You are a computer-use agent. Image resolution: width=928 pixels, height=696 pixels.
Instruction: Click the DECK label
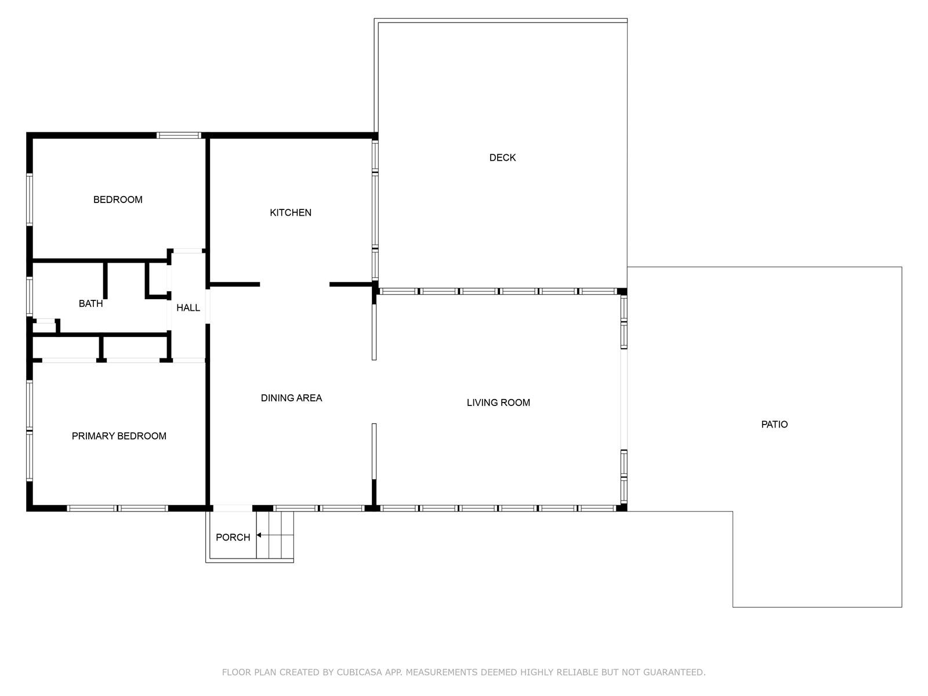[x=502, y=158]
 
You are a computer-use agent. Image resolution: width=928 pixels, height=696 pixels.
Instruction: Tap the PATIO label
[x=774, y=425]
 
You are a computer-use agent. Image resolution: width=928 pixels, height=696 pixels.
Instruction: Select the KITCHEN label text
[x=291, y=212]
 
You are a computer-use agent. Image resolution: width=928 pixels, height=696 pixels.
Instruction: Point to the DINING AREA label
[x=291, y=398]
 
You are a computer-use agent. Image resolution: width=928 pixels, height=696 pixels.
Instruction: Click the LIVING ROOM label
[x=498, y=403]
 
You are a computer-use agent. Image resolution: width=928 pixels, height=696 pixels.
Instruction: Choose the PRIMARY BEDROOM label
[x=119, y=436]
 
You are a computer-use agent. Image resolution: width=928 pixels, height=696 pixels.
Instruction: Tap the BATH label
[x=91, y=303]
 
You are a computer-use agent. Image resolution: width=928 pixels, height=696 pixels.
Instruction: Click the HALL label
[x=188, y=307]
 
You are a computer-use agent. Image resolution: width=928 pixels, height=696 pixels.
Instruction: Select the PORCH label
[x=233, y=537]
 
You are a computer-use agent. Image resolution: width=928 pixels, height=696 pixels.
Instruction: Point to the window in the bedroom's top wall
[x=179, y=135]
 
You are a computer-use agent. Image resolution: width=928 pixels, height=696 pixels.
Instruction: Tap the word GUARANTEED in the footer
[x=674, y=672]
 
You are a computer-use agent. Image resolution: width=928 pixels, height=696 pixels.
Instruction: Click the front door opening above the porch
[x=233, y=508]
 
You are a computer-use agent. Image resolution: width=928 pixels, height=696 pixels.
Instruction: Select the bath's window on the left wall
[x=30, y=296]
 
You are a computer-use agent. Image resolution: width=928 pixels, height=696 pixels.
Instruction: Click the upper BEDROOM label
[x=118, y=200]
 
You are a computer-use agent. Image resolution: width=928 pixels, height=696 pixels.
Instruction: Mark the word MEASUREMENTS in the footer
[x=441, y=672]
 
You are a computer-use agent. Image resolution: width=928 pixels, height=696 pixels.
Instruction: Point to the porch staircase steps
[x=275, y=535]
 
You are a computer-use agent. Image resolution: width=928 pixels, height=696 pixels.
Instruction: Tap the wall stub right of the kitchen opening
[x=351, y=284]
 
